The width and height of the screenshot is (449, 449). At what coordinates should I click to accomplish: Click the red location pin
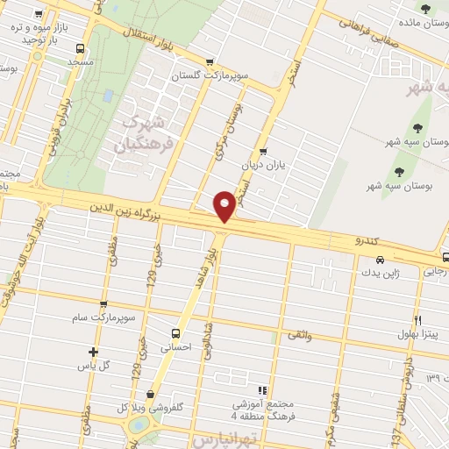point(225,205)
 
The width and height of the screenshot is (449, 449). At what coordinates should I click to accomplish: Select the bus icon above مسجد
point(81,49)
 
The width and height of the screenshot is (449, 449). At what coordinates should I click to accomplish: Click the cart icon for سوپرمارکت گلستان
point(209,62)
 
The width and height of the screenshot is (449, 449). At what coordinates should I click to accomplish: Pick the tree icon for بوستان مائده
point(426,10)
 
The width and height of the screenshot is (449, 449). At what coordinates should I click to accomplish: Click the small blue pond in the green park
point(108,96)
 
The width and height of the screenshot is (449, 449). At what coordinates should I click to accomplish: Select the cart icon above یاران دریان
point(263,151)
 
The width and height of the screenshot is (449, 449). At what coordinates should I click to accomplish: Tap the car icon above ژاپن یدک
point(380,260)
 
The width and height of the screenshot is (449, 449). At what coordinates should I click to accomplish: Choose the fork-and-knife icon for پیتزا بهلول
point(418,320)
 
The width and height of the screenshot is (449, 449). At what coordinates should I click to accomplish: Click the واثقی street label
point(298,334)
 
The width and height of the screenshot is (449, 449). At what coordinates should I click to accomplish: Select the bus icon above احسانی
point(175,333)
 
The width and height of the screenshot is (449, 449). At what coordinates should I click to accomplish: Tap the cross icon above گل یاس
point(93,352)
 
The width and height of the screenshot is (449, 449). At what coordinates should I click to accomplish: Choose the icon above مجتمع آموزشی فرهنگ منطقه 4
point(260,390)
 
